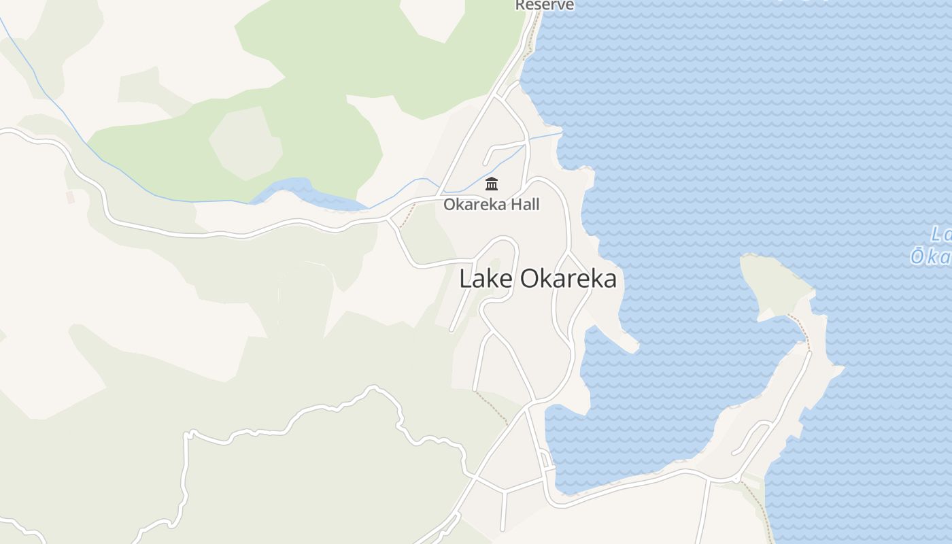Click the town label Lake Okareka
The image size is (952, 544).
pyautogui.click(x=538, y=279)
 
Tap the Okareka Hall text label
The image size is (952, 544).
pyautogui.click(x=491, y=204)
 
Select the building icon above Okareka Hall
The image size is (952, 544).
pyautogui.click(x=492, y=184)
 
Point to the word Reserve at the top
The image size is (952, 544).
pyautogui.click(x=544, y=5)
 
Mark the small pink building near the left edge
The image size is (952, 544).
pyautogui.click(x=70, y=197)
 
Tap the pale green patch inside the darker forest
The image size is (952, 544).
pyautogui.click(x=245, y=143)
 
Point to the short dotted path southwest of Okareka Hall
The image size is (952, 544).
pyautogui.click(x=407, y=216)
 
